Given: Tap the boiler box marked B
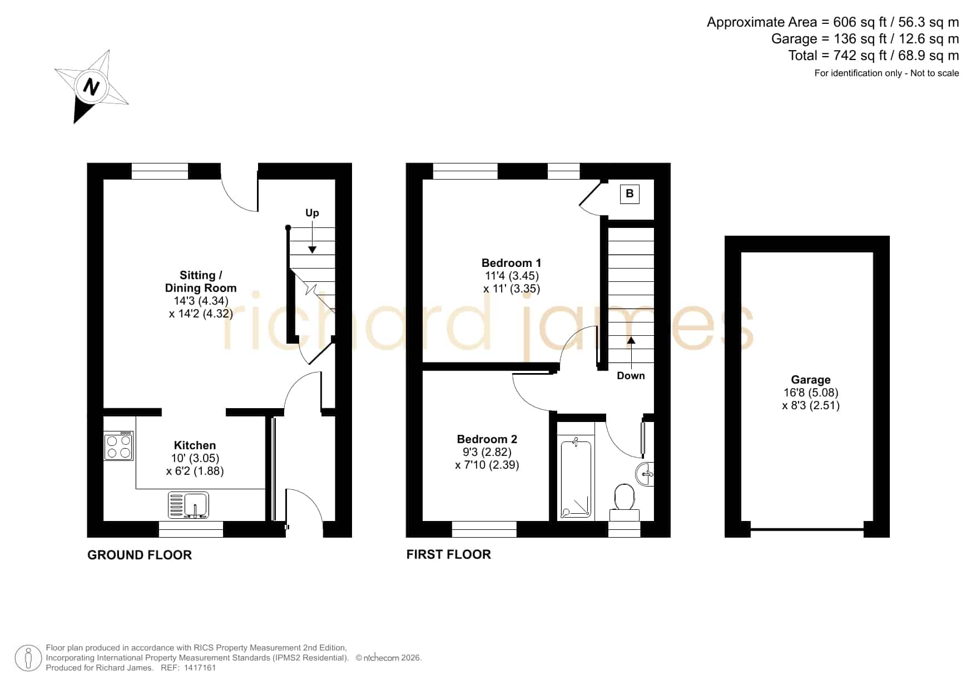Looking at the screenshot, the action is (x=630, y=193).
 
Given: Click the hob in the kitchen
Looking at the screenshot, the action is (x=118, y=446).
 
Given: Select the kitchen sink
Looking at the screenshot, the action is (x=189, y=505).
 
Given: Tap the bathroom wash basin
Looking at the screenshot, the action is (x=645, y=474).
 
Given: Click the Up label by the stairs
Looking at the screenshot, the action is (x=312, y=213).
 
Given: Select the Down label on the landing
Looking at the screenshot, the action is (x=631, y=376).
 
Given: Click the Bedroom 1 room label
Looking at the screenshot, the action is (x=511, y=263).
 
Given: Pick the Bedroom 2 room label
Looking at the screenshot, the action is (x=487, y=439).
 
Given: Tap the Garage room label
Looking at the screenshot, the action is (x=811, y=380).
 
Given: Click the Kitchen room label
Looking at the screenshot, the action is (x=195, y=445).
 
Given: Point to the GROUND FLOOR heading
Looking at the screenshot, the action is (x=140, y=555).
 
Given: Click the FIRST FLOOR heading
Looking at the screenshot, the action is (x=449, y=554).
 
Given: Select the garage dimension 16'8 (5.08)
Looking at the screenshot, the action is (x=811, y=393).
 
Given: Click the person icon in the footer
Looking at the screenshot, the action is (x=28, y=658).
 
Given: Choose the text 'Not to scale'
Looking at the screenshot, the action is (x=935, y=73).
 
